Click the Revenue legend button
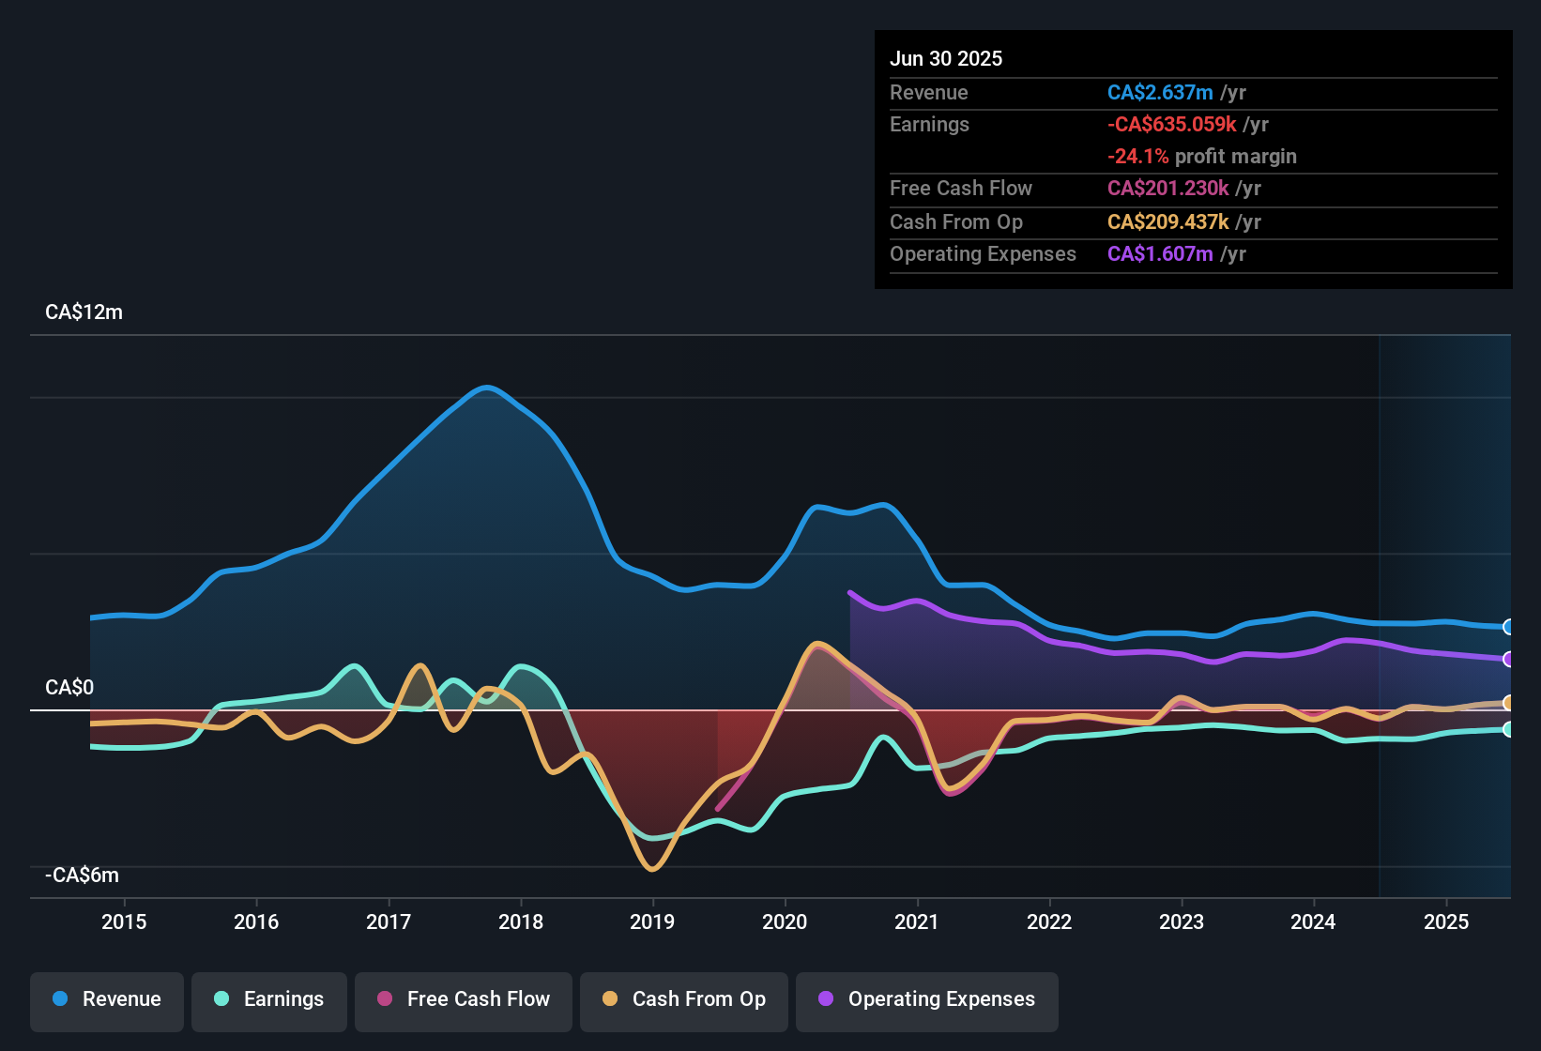[x=107, y=999]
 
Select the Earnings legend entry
[x=269, y=999]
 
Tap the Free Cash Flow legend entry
[x=464, y=999]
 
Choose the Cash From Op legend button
[x=684, y=999]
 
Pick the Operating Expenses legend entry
[x=927, y=999]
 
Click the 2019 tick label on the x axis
[x=652, y=922]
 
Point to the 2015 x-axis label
[x=124, y=922]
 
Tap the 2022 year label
[x=1049, y=922]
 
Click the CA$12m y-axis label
[x=84, y=312]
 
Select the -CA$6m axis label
[x=82, y=876]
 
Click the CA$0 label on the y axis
[x=69, y=688]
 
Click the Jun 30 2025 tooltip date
[x=946, y=58]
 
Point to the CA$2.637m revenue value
[x=1160, y=93]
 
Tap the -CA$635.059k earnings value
[x=1171, y=125]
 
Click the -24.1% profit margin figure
[x=1137, y=157]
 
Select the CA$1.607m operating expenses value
[x=1160, y=254]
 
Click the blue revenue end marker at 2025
[x=1508, y=627]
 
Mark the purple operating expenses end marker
[x=1508, y=659]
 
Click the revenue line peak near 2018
[x=486, y=387]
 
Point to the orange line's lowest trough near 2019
[x=652, y=869]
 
